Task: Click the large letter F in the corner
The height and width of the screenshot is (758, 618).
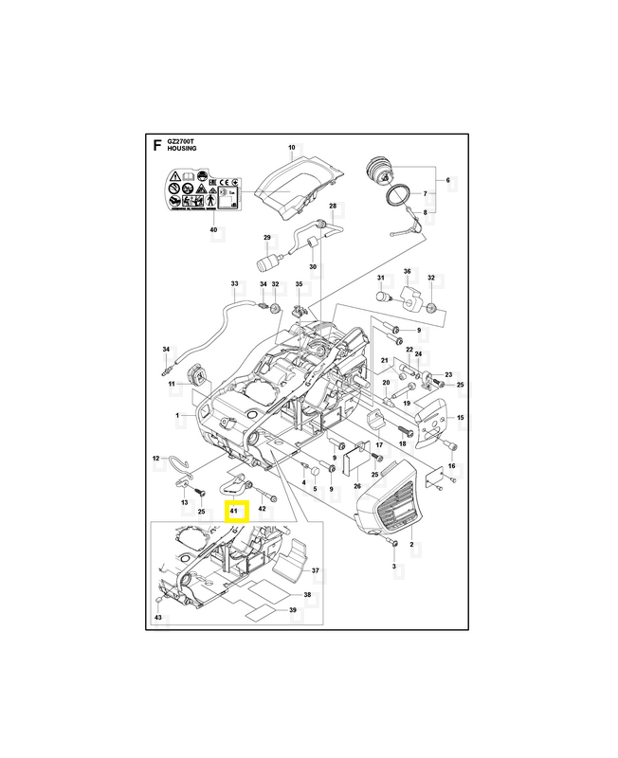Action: tap(157, 145)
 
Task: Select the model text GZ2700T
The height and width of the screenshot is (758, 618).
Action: tap(180, 141)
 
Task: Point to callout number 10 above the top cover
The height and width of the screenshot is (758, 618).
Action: tap(292, 148)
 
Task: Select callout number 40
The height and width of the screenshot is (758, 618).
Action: tap(213, 229)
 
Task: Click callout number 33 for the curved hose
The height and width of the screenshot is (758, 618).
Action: tap(234, 283)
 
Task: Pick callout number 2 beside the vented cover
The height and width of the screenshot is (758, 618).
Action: tap(411, 546)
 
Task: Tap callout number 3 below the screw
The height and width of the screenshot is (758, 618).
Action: tap(393, 566)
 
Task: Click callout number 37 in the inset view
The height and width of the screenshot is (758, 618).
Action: tap(315, 571)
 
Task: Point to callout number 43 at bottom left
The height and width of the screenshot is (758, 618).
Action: tap(157, 618)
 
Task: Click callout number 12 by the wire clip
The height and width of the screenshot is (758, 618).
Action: tap(157, 459)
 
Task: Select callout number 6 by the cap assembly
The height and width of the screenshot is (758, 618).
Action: tap(449, 179)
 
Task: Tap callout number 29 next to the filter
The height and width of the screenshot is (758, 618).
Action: tap(267, 237)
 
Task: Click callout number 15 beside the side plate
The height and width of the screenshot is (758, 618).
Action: tap(460, 418)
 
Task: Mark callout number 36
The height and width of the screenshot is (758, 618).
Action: tap(407, 272)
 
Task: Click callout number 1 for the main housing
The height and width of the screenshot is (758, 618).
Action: tap(177, 416)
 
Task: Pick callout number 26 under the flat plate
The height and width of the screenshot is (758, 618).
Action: tap(357, 487)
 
